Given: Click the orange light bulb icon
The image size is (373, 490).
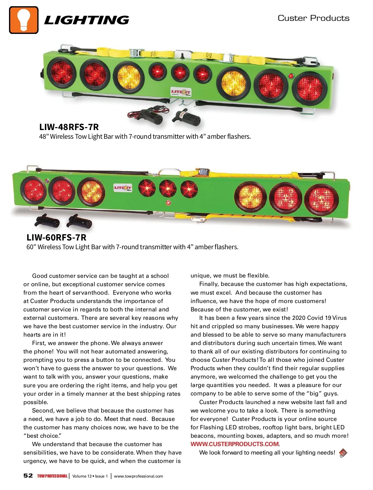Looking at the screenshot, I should (24, 20).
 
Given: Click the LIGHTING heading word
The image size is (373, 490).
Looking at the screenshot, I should (86, 20).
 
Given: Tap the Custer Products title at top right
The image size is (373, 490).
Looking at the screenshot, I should (313, 18).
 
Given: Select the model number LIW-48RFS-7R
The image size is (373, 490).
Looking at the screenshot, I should (69, 127).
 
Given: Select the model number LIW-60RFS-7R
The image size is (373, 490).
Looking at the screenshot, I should (56, 237).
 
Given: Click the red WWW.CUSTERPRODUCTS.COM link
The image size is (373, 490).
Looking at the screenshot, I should (235, 444).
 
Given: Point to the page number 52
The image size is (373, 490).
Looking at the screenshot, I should (28, 476).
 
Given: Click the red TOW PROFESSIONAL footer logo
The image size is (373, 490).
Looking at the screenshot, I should (52, 476).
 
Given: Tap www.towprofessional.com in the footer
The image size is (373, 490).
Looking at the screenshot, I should (139, 476).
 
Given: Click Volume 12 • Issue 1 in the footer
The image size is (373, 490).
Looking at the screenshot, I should (90, 476).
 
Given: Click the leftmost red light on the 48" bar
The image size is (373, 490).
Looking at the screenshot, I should (62, 72).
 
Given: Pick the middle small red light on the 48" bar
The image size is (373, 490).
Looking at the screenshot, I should (179, 72).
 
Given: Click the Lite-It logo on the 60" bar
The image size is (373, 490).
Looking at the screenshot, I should (123, 188).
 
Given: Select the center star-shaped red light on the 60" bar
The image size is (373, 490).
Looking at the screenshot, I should (168, 188).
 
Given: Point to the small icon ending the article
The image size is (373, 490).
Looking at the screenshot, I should (343, 453).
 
